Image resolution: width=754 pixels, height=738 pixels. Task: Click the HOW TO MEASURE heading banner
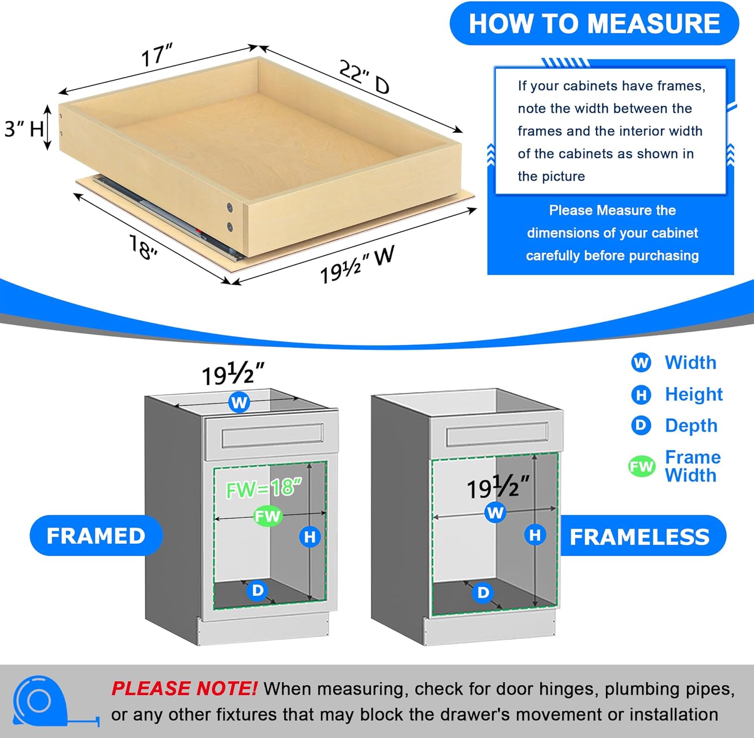[594, 24]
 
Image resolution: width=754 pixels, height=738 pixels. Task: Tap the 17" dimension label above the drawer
[156, 55]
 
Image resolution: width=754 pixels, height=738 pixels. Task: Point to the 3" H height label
[24, 129]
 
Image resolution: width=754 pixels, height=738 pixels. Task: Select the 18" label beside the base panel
[143, 247]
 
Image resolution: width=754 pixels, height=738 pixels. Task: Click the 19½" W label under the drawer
[357, 264]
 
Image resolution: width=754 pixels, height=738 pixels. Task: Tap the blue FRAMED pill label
[96, 535]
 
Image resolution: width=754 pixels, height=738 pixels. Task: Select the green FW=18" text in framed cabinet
[264, 488]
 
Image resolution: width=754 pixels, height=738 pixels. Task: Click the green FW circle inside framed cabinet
[267, 516]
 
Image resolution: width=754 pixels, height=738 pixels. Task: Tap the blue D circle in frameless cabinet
[483, 593]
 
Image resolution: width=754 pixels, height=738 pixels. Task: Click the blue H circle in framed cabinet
[310, 537]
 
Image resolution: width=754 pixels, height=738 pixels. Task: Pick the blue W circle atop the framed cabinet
[239, 402]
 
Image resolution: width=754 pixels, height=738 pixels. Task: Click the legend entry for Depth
[691, 425]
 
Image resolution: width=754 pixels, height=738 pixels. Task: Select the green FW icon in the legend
[642, 467]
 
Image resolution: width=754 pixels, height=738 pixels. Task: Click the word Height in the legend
[694, 394]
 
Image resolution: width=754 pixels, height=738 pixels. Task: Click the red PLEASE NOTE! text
[184, 688]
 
